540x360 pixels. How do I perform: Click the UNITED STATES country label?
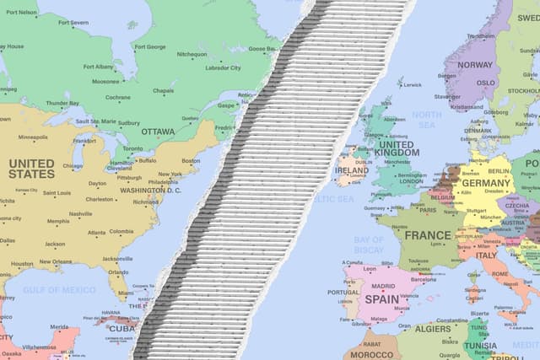pos(31,169)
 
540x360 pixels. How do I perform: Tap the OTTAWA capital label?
pos(158,132)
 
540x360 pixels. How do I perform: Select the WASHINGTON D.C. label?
pos(150,191)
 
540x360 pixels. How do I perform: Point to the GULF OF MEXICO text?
pos(59,290)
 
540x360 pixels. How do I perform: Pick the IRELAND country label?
pos(351,169)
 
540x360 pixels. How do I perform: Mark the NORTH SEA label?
pos(426,120)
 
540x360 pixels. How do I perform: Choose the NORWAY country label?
pos(474,65)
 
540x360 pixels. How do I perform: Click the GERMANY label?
pos(486,183)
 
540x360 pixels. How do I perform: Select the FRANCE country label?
pos(428,235)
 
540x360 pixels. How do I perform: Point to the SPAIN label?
pos(381,298)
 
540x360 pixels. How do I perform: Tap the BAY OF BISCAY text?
pos(369,244)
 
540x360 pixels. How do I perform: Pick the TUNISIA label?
pos(481,345)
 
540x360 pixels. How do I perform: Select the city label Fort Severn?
pos(73,23)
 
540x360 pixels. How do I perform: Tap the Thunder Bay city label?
pos(62,103)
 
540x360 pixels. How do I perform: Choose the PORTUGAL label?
pos(343,293)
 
